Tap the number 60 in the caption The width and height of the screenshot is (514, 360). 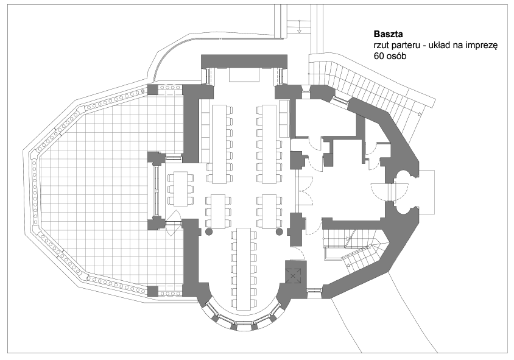coord(378,57)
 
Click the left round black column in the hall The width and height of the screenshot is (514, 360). coord(209,232)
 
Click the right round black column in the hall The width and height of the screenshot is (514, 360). coord(280,232)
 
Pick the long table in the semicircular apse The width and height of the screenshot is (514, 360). coord(244,269)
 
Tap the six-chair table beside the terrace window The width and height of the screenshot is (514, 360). coord(181,188)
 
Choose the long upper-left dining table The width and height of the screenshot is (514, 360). coord(220,144)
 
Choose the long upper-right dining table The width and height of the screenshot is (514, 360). coord(269,144)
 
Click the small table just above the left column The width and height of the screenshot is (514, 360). coord(218,211)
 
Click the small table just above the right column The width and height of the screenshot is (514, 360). coord(269,211)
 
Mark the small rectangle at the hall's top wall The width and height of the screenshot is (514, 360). coord(244,74)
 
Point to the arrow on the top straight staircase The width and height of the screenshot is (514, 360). coord(299,26)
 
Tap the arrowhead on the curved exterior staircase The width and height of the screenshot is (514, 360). coord(419,114)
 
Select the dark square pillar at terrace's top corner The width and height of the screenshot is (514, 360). coord(153,90)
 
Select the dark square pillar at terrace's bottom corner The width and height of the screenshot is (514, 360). coord(153,291)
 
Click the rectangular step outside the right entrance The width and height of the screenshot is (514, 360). coord(427,192)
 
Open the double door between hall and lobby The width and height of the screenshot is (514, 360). coord(305,192)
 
